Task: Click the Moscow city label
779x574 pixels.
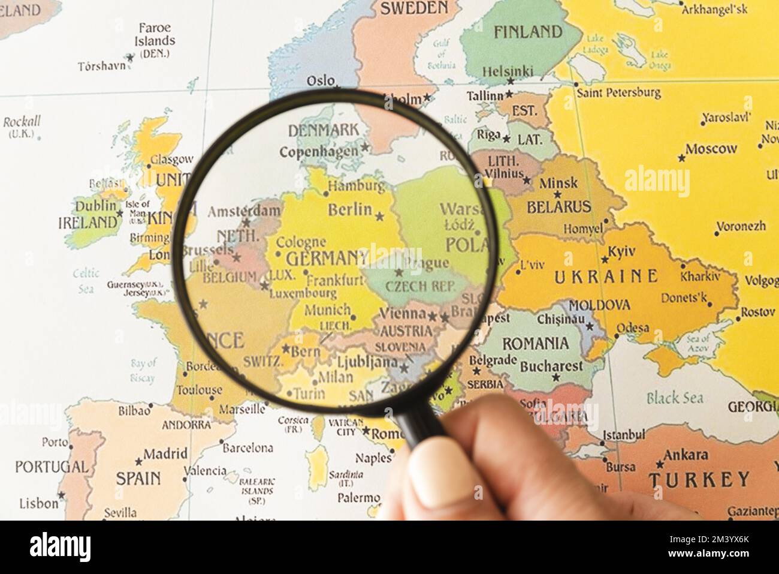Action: tap(711, 149)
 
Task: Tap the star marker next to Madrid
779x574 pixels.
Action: tap(139, 461)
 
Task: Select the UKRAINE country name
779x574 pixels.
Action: tap(606, 276)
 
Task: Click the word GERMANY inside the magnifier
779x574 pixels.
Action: tap(327, 259)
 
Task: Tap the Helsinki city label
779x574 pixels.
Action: tap(508, 71)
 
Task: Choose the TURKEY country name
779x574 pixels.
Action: tap(699, 480)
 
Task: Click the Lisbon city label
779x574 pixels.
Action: tap(39, 503)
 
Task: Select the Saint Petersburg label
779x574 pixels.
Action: tap(618, 93)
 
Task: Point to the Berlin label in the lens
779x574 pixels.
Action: tap(350, 209)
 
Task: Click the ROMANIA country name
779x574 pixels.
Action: tap(535, 344)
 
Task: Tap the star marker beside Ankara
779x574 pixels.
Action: tap(660, 464)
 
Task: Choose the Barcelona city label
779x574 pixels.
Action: tap(247, 447)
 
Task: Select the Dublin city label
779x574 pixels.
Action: tap(96, 206)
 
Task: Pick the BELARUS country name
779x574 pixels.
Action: tap(558, 208)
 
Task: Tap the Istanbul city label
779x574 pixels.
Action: tap(623, 434)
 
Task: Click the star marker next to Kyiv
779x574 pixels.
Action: tap(605, 260)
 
